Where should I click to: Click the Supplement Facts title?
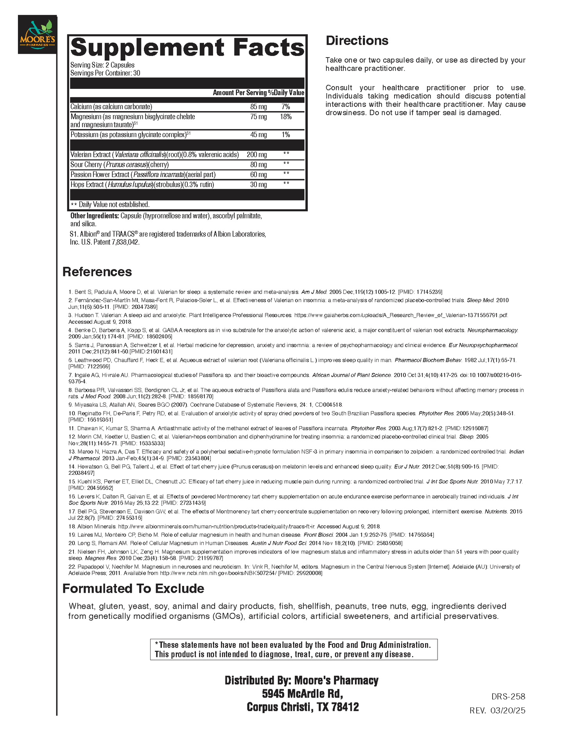[187, 47]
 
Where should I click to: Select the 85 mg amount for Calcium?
[258, 107]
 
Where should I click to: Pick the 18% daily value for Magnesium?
[286, 117]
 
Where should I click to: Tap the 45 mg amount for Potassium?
[258, 135]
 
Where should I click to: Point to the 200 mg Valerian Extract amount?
[257, 155]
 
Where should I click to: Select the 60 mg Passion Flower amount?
[258, 175]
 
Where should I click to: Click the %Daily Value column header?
[286, 93]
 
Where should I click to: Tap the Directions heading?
[357, 41]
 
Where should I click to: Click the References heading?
[97, 272]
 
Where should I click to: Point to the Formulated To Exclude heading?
[133, 589]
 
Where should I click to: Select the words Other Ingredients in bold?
[95, 216]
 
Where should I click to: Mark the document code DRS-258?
[508, 697]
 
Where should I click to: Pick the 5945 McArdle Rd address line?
[303, 694]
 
